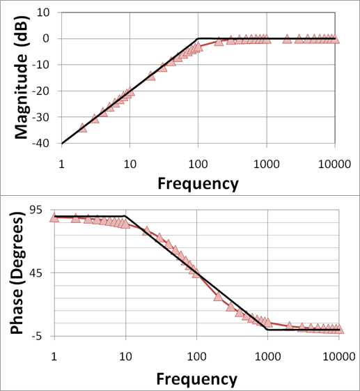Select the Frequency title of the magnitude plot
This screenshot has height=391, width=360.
click(x=198, y=183)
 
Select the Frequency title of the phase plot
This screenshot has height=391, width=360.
click(x=197, y=378)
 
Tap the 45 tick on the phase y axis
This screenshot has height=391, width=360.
click(x=35, y=273)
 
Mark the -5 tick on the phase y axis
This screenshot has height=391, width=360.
click(x=38, y=336)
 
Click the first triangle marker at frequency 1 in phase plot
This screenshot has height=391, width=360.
click(x=55, y=217)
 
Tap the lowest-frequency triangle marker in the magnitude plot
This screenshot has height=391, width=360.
click(x=82, y=128)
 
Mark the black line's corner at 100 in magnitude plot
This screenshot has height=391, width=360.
click(x=198, y=38)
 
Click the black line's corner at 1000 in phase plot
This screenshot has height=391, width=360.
click(x=268, y=330)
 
